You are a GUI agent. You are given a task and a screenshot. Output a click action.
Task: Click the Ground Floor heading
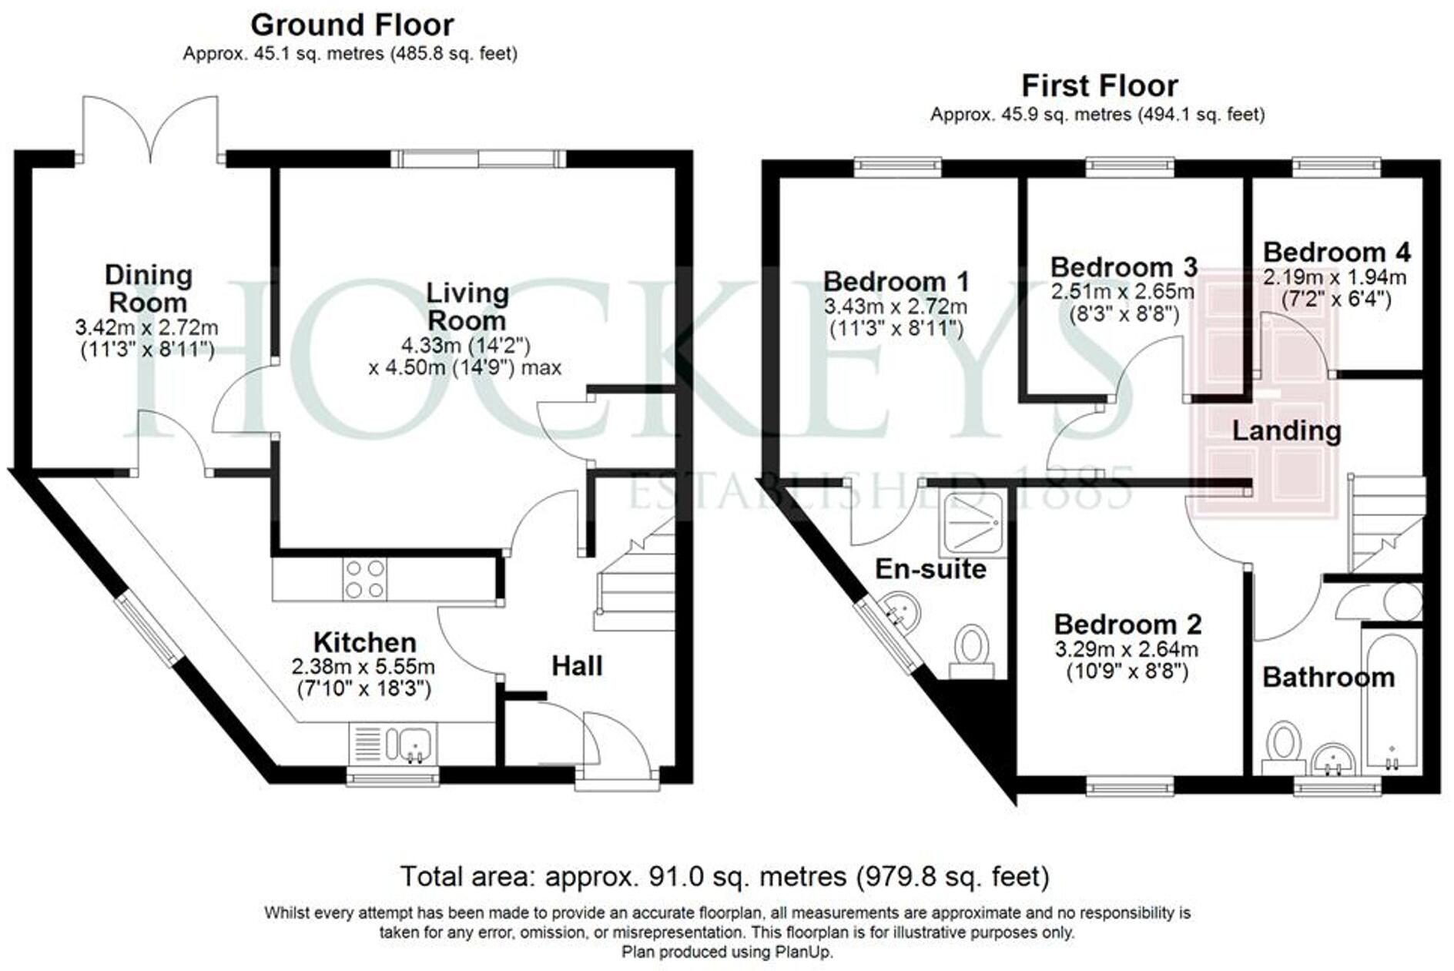[352, 25]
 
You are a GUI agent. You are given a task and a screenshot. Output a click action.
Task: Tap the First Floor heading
[1099, 85]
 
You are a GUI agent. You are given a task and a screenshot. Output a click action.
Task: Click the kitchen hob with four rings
[365, 579]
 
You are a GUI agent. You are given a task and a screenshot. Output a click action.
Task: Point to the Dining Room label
[148, 288]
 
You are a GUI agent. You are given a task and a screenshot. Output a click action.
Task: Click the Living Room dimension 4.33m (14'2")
[466, 345]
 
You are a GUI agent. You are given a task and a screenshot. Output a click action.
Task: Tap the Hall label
[577, 666]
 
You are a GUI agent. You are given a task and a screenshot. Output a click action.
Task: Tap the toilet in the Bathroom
[1283, 748]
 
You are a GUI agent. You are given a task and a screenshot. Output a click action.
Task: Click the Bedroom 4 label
[1336, 252]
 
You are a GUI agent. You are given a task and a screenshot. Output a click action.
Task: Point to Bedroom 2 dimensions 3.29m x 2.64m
[1126, 649]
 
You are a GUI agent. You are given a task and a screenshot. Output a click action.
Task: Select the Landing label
[1286, 430]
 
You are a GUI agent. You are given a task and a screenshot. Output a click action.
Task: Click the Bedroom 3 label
[1124, 267]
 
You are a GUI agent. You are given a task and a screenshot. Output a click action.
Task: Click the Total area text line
[724, 876]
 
